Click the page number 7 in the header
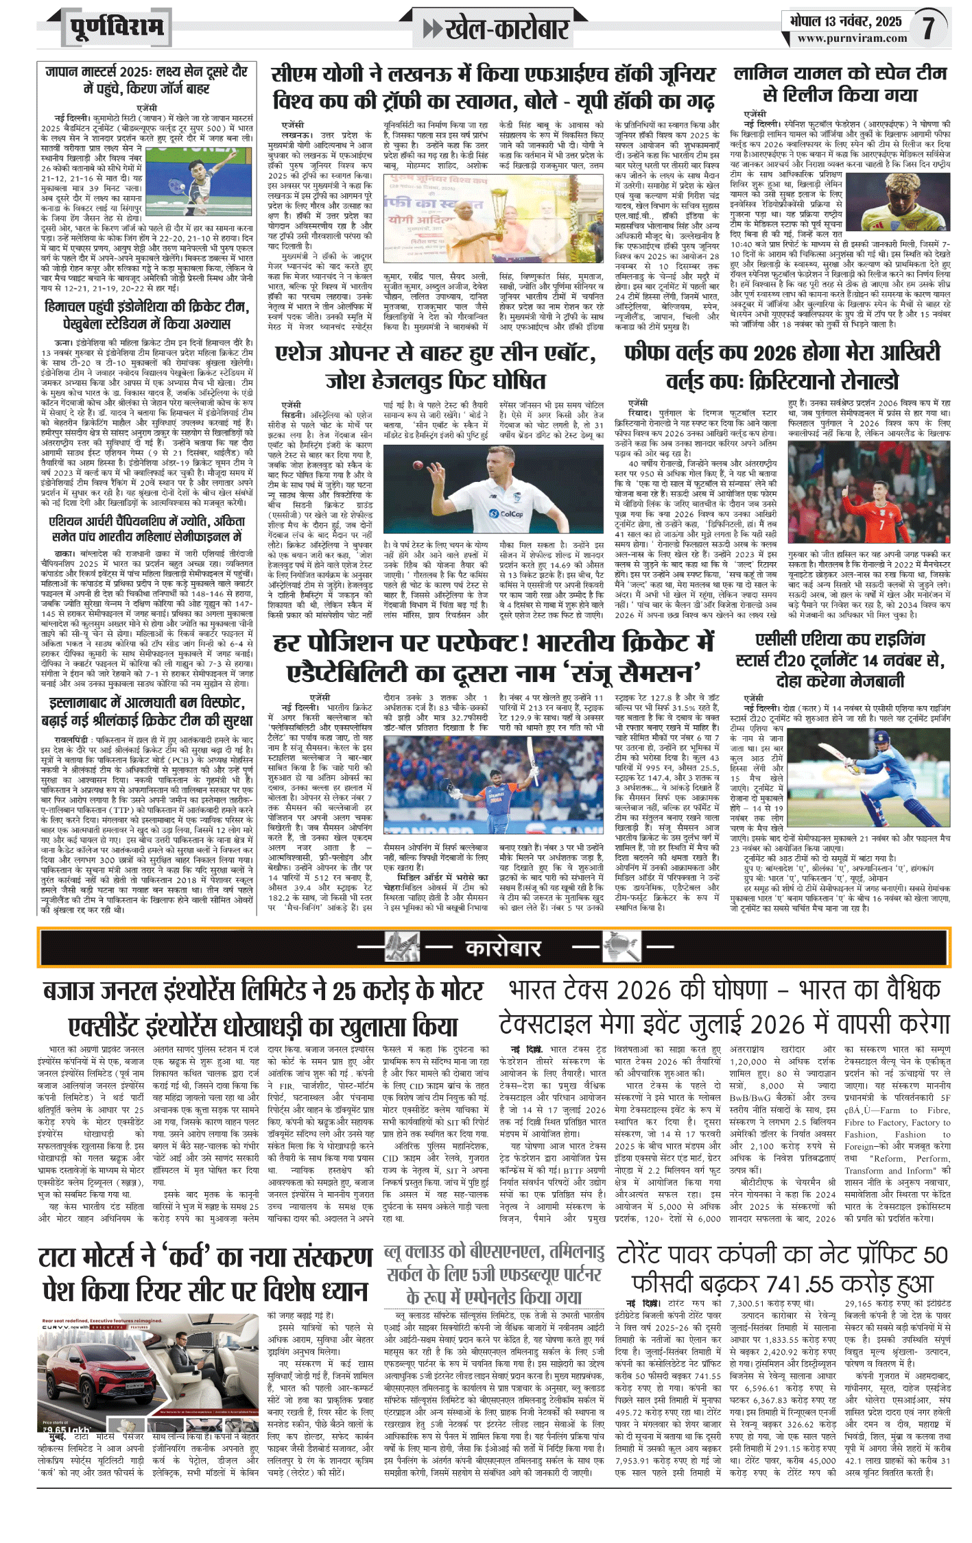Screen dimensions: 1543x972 [x=928, y=27]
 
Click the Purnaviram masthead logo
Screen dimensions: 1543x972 [x=117, y=28]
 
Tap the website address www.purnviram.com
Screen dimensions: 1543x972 [x=852, y=38]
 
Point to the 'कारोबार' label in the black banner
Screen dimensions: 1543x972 [x=503, y=948]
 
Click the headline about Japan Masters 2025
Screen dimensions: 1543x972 [x=146, y=80]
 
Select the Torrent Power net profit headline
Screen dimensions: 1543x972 [x=782, y=1269]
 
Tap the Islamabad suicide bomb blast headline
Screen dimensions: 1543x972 [x=146, y=711]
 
